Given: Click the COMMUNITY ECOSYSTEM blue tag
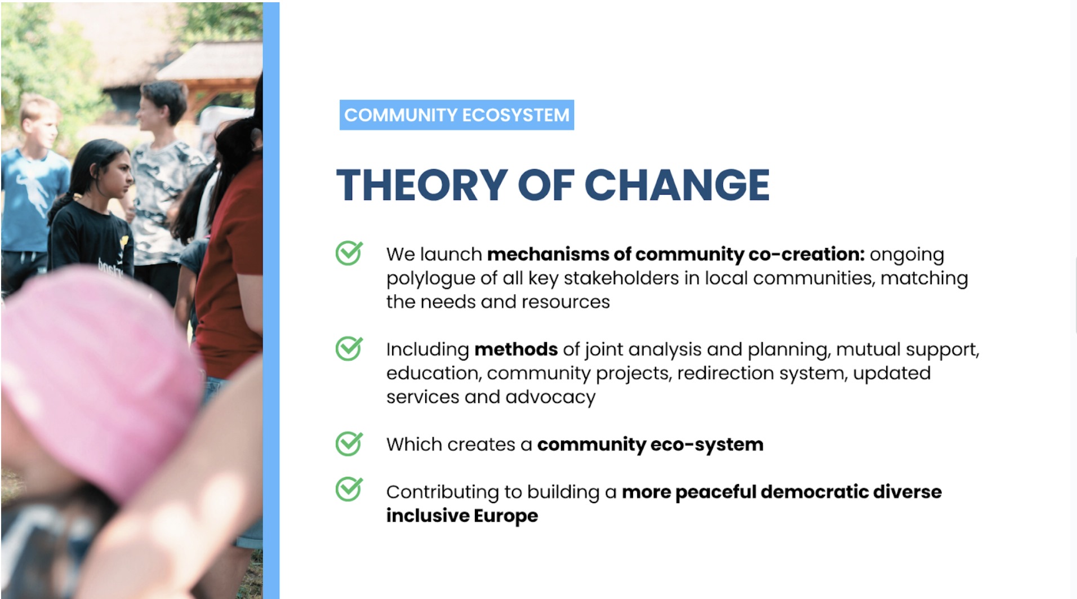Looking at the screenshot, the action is tap(457, 115).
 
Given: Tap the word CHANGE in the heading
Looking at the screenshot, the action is tap(677, 185).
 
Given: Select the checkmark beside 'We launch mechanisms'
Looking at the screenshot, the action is tap(349, 253).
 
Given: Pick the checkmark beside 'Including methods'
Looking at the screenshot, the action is tap(349, 348).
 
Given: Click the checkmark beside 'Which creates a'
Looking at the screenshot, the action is tap(349, 443).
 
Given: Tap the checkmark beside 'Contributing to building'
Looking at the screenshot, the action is tap(349, 489).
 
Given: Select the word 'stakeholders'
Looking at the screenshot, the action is tap(621, 278).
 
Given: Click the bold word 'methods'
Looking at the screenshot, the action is tap(516, 349).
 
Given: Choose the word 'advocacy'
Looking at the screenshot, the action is tap(550, 398).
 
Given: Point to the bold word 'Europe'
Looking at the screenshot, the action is tap(506, 516).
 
